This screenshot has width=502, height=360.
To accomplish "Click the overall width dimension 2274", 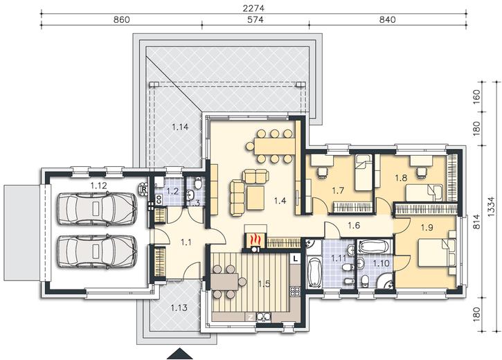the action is [253, 8].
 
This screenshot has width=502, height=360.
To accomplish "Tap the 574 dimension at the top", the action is [256, 20].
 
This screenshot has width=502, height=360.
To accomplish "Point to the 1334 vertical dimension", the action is [492, 206].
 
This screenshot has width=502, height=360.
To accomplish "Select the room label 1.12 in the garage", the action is [98, 186].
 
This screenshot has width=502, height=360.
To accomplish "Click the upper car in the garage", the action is [98, 209].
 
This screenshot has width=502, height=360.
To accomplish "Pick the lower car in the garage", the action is [98, 251].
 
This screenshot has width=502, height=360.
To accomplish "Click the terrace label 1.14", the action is [180, 127].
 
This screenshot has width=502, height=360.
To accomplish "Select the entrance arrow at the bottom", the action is [180, 354].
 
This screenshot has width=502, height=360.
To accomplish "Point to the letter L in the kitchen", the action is [295, 258].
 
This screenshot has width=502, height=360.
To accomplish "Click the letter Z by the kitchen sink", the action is [251, 318].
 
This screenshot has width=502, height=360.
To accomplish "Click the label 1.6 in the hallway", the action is [354, 225].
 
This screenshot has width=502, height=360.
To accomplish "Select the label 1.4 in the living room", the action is [280, 201].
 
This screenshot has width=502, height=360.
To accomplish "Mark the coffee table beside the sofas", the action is [256, 198].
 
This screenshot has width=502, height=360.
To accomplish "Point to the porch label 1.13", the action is [179, 308].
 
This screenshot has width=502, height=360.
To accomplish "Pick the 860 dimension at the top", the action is [122, 20].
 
